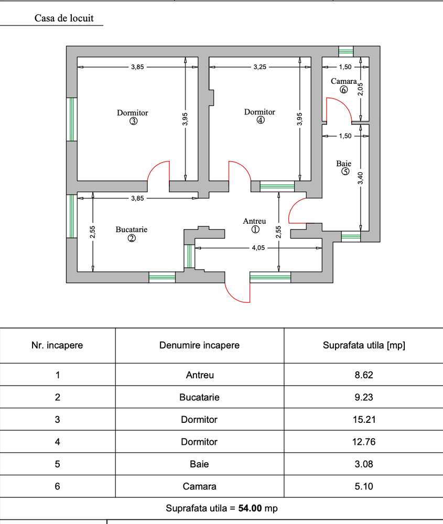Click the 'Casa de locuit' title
point(64,18)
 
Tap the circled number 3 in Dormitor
point(133,122)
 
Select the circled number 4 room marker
point(261,120)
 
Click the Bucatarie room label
point(132,230)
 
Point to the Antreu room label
point(255,221)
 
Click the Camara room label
point(343,82)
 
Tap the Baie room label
point(344,163)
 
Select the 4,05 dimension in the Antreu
point(257,248)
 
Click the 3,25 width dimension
point(260,67)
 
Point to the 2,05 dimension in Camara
point(360,89)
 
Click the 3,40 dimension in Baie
point(360,178)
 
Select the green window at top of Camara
point(345,51)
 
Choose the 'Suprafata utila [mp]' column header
point(364,345)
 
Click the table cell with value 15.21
point(364,420)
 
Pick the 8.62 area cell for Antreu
point(364,375)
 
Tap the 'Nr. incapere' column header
point(58,345)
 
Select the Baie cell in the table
point(199,464)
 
